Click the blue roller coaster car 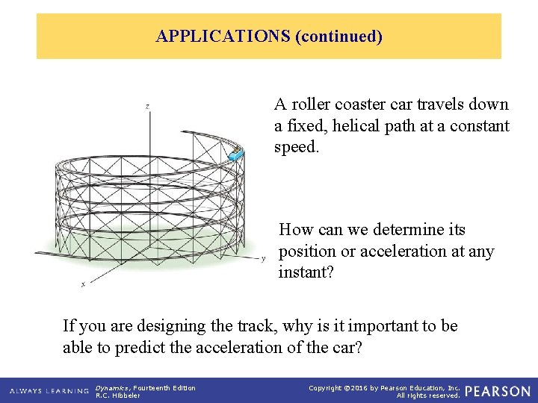(236, 155)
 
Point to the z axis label (147, 107)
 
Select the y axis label (263, 259)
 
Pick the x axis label (82, 284)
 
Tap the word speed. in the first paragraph (297, 148)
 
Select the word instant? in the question (306, 272)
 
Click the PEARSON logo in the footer (498, 391)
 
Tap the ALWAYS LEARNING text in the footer (49, 391)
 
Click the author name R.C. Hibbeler (118, 396)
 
